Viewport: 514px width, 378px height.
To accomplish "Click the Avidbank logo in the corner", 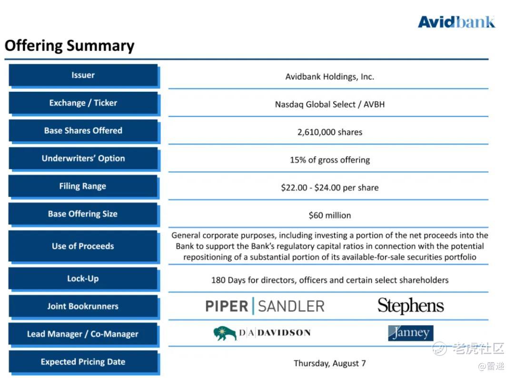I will click(x=456, y=21).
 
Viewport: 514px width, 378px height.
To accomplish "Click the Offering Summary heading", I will click(x=69, y=46).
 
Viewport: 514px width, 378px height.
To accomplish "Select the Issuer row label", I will click(x=83, y=75).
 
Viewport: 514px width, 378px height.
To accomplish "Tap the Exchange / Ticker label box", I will click(x=83, y=103).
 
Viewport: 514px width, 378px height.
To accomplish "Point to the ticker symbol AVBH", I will click(x=374, y=104).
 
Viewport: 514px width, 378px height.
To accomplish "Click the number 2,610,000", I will click(x=316, y=132).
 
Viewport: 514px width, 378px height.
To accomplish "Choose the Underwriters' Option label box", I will click(x=83, y=158).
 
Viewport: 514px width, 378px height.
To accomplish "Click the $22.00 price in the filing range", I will click(x=294, y=187).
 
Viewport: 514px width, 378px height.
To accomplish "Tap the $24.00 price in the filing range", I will click(x=327, y=187).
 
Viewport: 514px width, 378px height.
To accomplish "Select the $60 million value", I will click(x=330, y=215).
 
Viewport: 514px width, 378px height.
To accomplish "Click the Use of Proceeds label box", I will click(x=83, y=246).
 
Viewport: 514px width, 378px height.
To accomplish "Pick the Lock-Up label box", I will click(x=83, y=279).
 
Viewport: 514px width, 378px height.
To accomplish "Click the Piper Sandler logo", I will click(x=265, y=306).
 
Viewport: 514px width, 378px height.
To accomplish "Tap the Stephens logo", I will click(x=410, y=306).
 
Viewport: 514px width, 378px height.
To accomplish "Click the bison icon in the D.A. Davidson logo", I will click(x=225, y=333).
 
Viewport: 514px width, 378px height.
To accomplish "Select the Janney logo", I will click(x=410, y=333).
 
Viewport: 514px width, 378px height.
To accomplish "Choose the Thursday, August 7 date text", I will click(x=330, y=363).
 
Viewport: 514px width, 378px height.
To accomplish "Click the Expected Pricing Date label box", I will click(x=83, y=362).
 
